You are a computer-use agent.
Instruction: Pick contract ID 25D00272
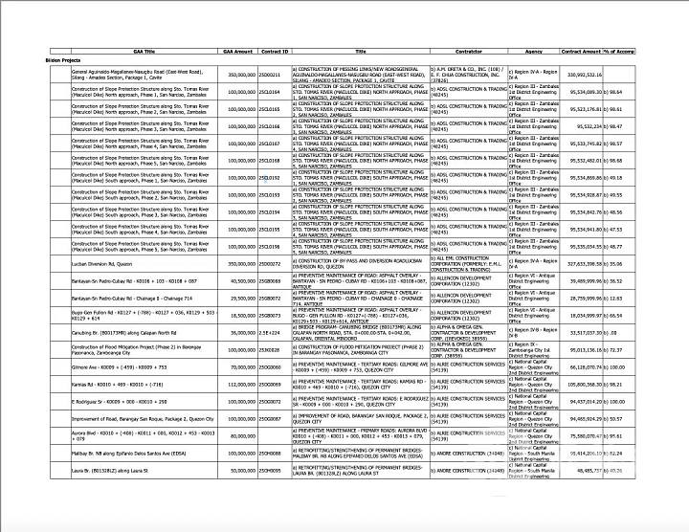tap(271, 262)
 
